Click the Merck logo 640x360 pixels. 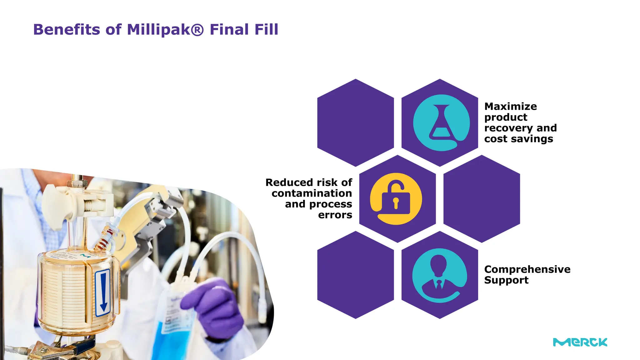click(x=580, y=342)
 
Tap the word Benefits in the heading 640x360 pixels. click(x=67, y=30)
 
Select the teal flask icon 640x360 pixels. click(x=441, y=123)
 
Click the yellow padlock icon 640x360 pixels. click(x=396, y=199)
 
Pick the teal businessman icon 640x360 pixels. click(x=439, y=275)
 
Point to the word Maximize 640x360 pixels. click(x=510, y=107)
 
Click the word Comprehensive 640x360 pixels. click(x=527, y=269)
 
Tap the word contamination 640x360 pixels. click(x=312, y=193)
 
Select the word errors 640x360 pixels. click(x=335, y=215)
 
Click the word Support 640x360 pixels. click(x=506, y=280)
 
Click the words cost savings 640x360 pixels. click(x=518, y=139)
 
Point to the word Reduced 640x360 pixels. click(x=289, y=182)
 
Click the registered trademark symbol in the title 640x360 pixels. click(x=197, y=30)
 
